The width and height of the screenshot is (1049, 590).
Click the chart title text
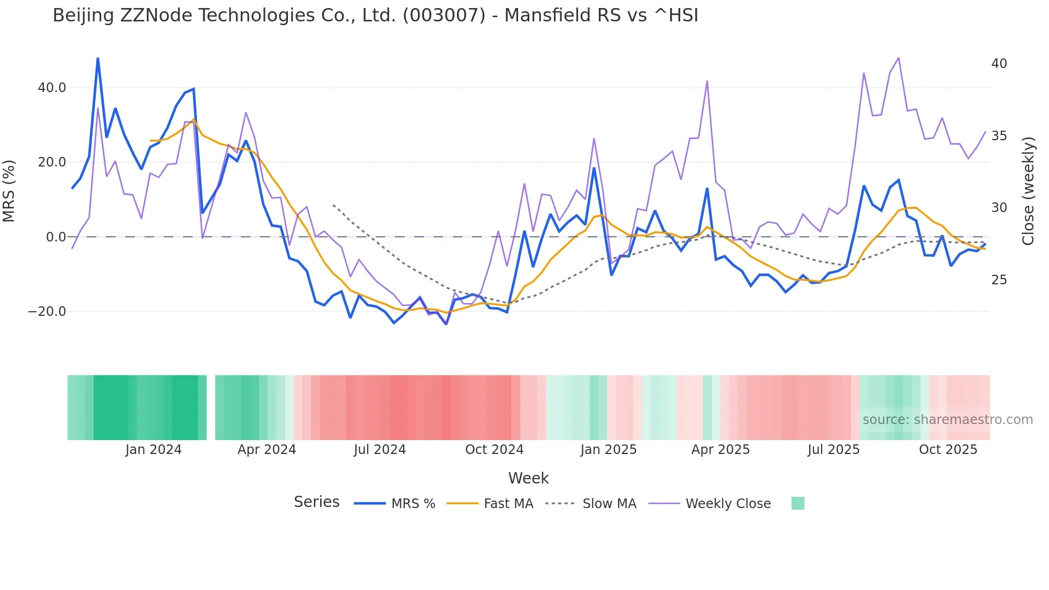pos(375,16)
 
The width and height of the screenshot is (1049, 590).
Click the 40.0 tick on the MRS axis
pos(52,87)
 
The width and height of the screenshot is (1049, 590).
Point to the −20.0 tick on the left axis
pos(48,312)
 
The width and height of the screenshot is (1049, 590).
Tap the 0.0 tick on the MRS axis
pos(56,237)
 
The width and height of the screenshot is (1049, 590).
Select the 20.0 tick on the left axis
pos(52,162)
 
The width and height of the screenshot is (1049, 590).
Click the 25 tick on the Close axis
pos(999,280)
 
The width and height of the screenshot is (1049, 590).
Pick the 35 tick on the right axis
pos(999,136)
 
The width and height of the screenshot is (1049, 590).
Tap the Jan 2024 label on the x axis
pos(154,450)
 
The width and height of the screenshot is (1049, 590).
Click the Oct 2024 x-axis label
pos(494,450)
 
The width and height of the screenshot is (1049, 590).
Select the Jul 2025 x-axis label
pos(833,450)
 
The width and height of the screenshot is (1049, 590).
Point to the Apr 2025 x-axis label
pos(720,450)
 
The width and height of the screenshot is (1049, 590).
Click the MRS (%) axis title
pos(9,191)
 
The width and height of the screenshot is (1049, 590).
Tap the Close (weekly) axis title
pos(1028,191)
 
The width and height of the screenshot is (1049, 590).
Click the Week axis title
pos(528,478)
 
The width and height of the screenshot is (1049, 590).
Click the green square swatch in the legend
pos(797,503)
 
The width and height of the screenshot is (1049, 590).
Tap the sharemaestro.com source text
pos(947,420)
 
